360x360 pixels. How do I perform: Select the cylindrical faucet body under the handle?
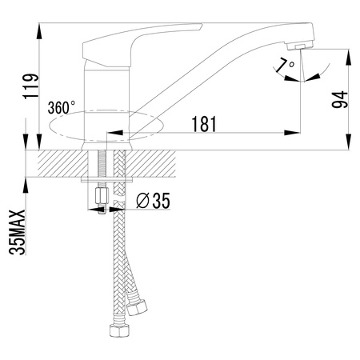(102, 104)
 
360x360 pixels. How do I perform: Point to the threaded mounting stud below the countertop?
(102, 172)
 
